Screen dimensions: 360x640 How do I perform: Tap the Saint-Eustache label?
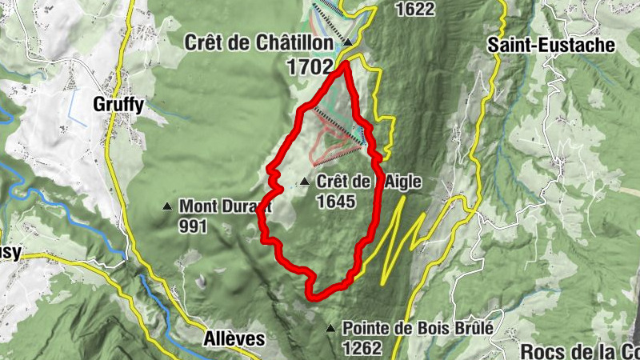tap(552, 45)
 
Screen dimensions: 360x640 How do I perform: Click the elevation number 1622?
tap(415, 9)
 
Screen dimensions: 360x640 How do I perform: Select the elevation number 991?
tap(193, 226)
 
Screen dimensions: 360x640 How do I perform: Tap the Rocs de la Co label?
tap(579, 351)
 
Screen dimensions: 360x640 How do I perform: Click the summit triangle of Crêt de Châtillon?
tap(349, 43)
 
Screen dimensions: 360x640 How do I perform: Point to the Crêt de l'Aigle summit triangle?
tap(305, 182)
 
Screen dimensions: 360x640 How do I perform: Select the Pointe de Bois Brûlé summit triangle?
tap(330, 328)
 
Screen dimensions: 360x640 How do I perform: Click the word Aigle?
tap(401, 182)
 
